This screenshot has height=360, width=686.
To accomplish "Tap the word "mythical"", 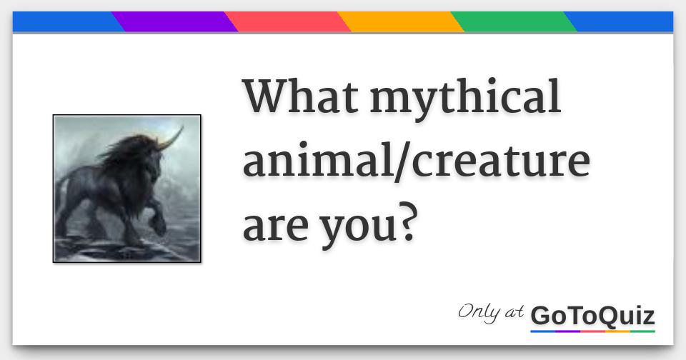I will tap(465, 99).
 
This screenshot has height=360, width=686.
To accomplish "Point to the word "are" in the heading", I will tap(272, 227).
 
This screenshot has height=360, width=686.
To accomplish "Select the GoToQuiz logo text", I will tap(592, 315).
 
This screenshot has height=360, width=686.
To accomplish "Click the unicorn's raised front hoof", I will tap(159, 227).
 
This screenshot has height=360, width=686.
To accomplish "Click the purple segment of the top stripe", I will tap(175, 21).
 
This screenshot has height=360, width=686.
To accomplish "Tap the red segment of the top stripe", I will tap(289, 21).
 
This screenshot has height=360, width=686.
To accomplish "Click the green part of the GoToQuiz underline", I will tap(642, 331).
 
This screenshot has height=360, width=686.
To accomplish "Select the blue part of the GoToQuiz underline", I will tap(543, 331).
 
